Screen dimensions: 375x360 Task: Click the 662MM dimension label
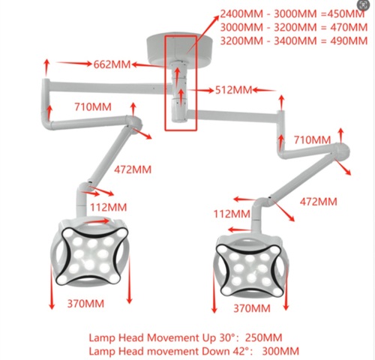112,64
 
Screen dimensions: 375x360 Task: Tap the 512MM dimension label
233,90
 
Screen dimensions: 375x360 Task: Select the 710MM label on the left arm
93,107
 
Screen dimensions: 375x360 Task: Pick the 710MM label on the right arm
312,139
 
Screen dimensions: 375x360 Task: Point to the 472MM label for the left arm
133,169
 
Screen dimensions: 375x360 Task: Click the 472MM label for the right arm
319,202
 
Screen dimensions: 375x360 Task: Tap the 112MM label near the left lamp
109,207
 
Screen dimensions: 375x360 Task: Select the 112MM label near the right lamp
232,214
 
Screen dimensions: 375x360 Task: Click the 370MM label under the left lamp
85,304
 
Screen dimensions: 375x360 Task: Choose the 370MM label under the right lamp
252,308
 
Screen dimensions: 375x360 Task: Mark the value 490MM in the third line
349,40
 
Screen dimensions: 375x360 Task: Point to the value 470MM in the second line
349,27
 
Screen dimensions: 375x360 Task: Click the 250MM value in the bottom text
263,337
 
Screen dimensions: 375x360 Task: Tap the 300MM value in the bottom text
280,351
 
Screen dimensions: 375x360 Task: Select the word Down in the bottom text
215,351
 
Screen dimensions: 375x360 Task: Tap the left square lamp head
90,253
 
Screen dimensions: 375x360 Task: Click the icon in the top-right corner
363,5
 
